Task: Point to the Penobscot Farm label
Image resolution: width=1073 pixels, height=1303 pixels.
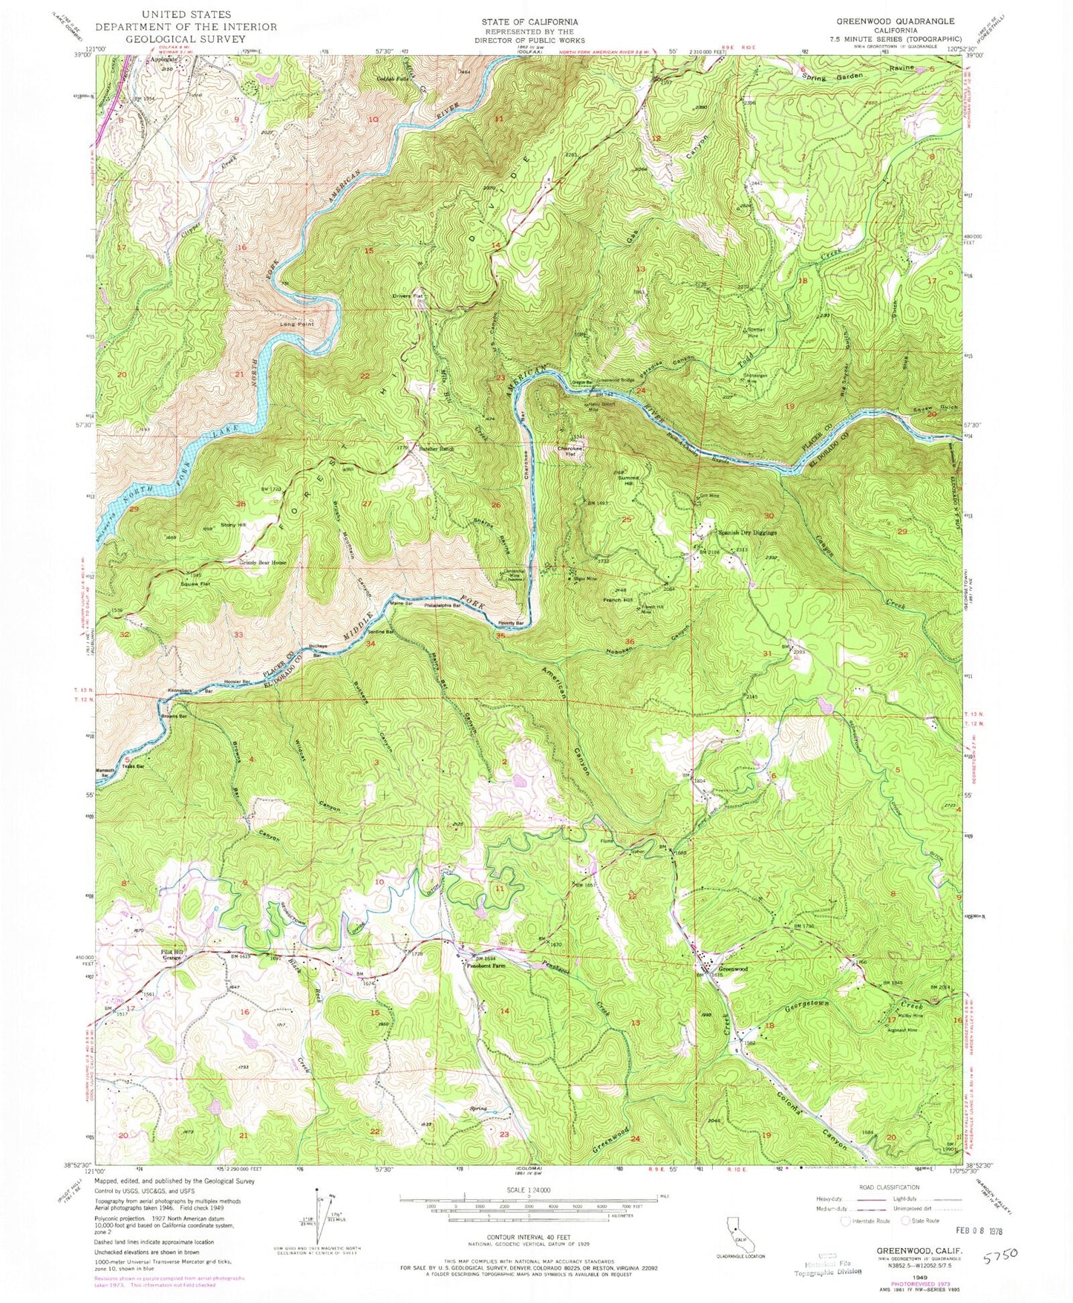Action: [x=486, y=966]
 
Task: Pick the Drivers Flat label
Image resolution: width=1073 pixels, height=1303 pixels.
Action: [x=408, y=297]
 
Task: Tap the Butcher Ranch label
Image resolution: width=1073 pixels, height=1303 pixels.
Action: [x=425, y=450]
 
